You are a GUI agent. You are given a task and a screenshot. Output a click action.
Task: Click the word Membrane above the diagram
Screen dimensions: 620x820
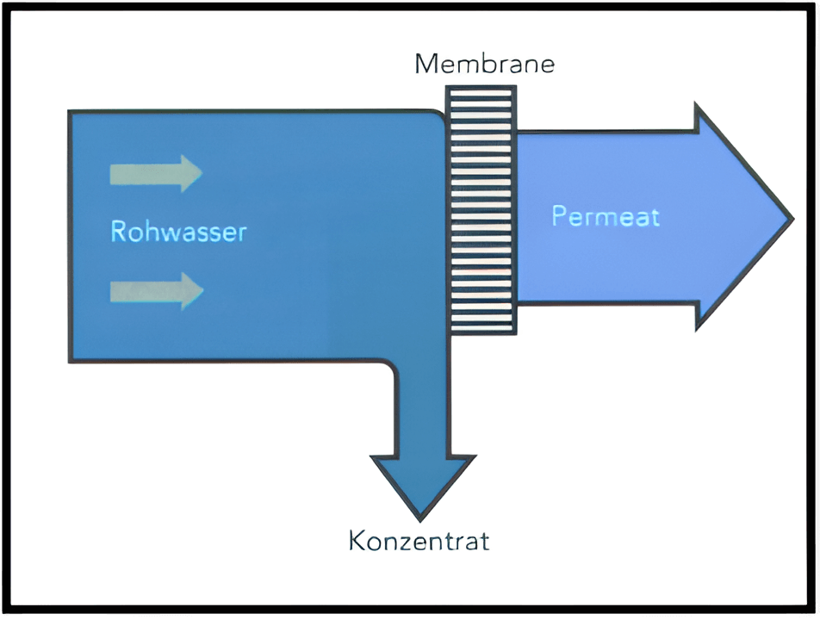click(x=484, y=64)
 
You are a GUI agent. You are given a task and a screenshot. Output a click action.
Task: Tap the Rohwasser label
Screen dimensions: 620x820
click(x=178, y=232)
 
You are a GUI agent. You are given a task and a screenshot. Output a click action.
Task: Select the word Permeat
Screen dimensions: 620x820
click(x=606, y=215)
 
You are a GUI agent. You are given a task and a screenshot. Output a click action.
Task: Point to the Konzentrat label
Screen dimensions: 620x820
click(x=419, y=541)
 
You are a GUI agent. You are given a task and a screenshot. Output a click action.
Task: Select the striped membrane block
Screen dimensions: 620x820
click(x=480, y=209)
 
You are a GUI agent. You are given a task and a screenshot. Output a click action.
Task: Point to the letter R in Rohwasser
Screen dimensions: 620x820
click(x=119, y=232)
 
